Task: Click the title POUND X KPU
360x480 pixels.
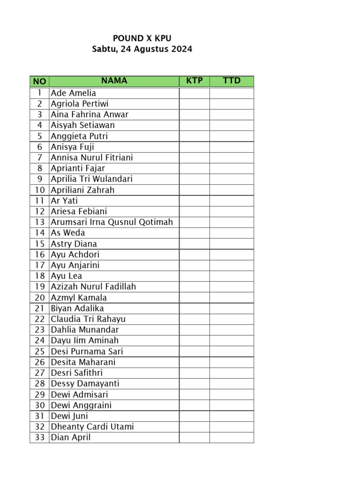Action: [142, 38]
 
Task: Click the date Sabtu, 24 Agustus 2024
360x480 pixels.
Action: [142, 49]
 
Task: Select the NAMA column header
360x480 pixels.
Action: [114, 81]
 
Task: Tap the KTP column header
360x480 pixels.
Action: [195, 81]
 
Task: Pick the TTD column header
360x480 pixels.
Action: [232, 81]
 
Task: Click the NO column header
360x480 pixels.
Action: [39, 82]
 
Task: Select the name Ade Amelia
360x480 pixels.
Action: [74, 93]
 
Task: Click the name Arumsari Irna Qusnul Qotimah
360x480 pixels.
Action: [112, 222]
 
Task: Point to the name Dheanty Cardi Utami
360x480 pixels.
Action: [92, 427]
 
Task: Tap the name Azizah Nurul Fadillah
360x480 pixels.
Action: [94, 286]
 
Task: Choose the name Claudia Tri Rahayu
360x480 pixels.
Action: [88, 319]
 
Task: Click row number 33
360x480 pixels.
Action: [39, 437]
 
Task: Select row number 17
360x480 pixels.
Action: [39, 265]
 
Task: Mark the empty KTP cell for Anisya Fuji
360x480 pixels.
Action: [194, 147]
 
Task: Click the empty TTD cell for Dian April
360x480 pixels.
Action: [232, 437]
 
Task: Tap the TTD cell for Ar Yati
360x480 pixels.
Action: [232, 201]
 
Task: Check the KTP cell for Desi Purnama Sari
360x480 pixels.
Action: [194, 351]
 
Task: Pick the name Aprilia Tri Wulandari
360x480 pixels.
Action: [92, 179]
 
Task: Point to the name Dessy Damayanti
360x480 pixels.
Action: [85, 383]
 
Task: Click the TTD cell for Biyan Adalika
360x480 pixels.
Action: [232, 308]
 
